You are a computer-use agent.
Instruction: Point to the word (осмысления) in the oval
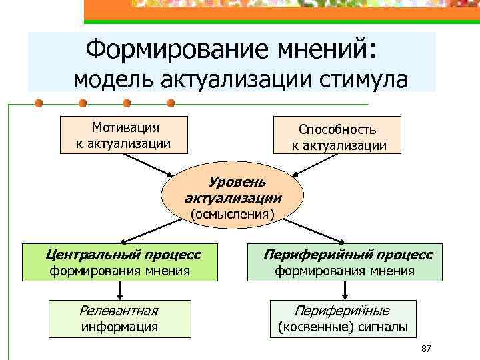point(233,214)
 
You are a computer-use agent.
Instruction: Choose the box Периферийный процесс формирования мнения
point(345,263)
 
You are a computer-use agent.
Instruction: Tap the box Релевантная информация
point(120,318)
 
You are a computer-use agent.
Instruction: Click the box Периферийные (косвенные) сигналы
point(343,318)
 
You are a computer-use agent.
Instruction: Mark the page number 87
point(427,349)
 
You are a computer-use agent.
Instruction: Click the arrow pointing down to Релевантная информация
point(120,290)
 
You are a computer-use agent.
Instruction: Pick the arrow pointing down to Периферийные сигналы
point(345,290)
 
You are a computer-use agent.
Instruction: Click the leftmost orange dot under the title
point(39,104)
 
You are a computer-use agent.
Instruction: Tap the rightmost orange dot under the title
point(171,104)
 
